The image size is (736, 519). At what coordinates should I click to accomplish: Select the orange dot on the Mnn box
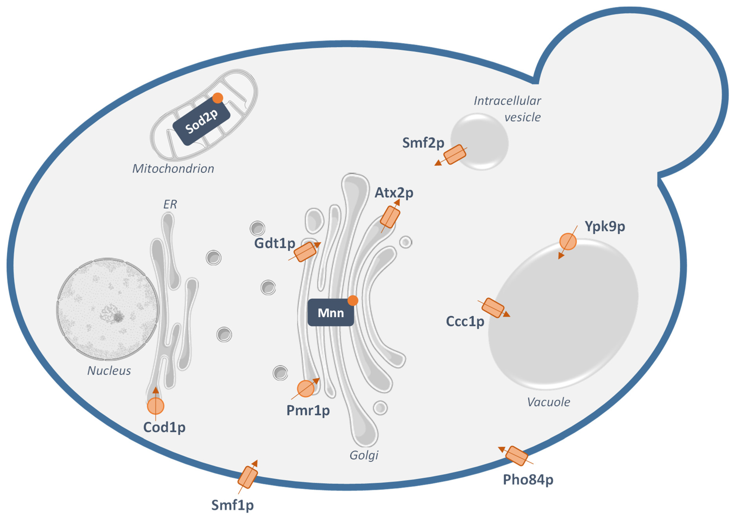[353, 300]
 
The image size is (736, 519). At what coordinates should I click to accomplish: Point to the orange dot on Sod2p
[218, 98]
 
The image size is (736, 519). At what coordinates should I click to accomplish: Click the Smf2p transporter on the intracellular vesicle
[454, 154]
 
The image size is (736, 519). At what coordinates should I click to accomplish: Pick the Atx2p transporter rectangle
[390, 217]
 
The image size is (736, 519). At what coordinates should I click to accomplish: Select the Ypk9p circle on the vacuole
[568, 241]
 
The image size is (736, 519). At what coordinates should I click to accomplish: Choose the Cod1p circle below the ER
[155, 406]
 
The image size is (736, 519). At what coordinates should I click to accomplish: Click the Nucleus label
[109, 371]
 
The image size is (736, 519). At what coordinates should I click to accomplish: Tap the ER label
[170, 204]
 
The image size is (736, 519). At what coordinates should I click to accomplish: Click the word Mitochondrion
[173, 169]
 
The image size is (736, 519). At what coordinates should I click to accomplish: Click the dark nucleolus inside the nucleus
[118, 317]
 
